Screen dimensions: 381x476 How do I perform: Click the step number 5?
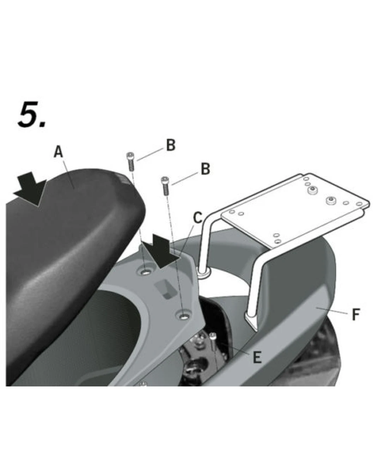click(32, 114)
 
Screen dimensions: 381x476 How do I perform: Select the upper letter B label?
click(171, 145)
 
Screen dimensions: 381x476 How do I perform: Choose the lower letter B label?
click(205, 169)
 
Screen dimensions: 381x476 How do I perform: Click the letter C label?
click(198, 217)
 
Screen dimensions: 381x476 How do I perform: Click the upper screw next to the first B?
click(130, 162)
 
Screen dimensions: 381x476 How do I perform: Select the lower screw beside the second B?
click(165, 185)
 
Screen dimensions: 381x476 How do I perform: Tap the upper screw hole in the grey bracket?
click(145, 272)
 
